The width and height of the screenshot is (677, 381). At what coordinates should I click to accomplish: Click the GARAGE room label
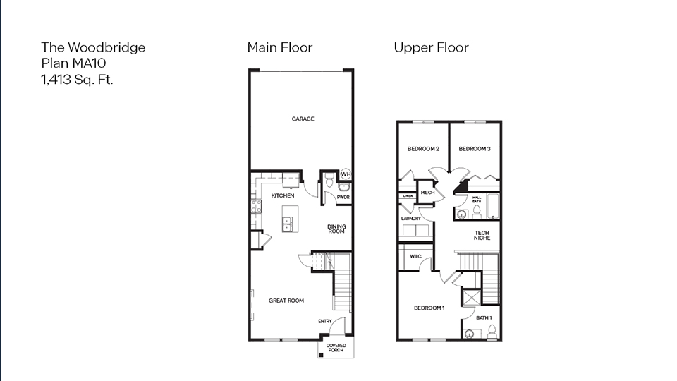click(303, 119)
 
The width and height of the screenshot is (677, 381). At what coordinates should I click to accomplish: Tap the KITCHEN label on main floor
click(282, 195)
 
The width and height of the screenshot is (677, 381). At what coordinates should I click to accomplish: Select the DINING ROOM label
click(336, 229)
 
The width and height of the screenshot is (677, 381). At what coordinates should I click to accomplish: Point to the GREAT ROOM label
click(286, 301)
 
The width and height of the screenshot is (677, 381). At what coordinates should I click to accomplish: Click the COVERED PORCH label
click(336, 348)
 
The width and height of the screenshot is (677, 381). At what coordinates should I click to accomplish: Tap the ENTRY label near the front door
click(324, 322)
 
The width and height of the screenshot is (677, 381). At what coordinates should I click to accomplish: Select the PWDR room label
click(343, 198)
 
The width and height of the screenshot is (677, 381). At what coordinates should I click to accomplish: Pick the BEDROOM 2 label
click(423, 149)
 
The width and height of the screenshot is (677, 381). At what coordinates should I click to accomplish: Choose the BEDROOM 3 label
click(475, 149)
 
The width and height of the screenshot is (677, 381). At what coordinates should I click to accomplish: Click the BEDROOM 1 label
click(429, 308)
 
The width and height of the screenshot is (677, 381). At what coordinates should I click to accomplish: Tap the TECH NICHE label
click(482, 236)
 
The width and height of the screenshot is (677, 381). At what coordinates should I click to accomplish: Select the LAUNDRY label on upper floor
click(410, 219)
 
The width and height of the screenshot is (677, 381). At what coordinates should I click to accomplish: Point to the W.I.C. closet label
click(415, 256)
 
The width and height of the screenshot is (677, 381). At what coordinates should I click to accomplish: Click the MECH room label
click(427, 192)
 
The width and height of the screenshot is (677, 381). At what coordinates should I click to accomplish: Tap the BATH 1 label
click(484, 318)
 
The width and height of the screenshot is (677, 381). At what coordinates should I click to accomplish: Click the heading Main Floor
click(279, 48)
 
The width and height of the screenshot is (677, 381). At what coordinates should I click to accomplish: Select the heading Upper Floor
click(431, 48)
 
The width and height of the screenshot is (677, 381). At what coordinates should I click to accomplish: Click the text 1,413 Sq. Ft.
click(78, 80)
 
